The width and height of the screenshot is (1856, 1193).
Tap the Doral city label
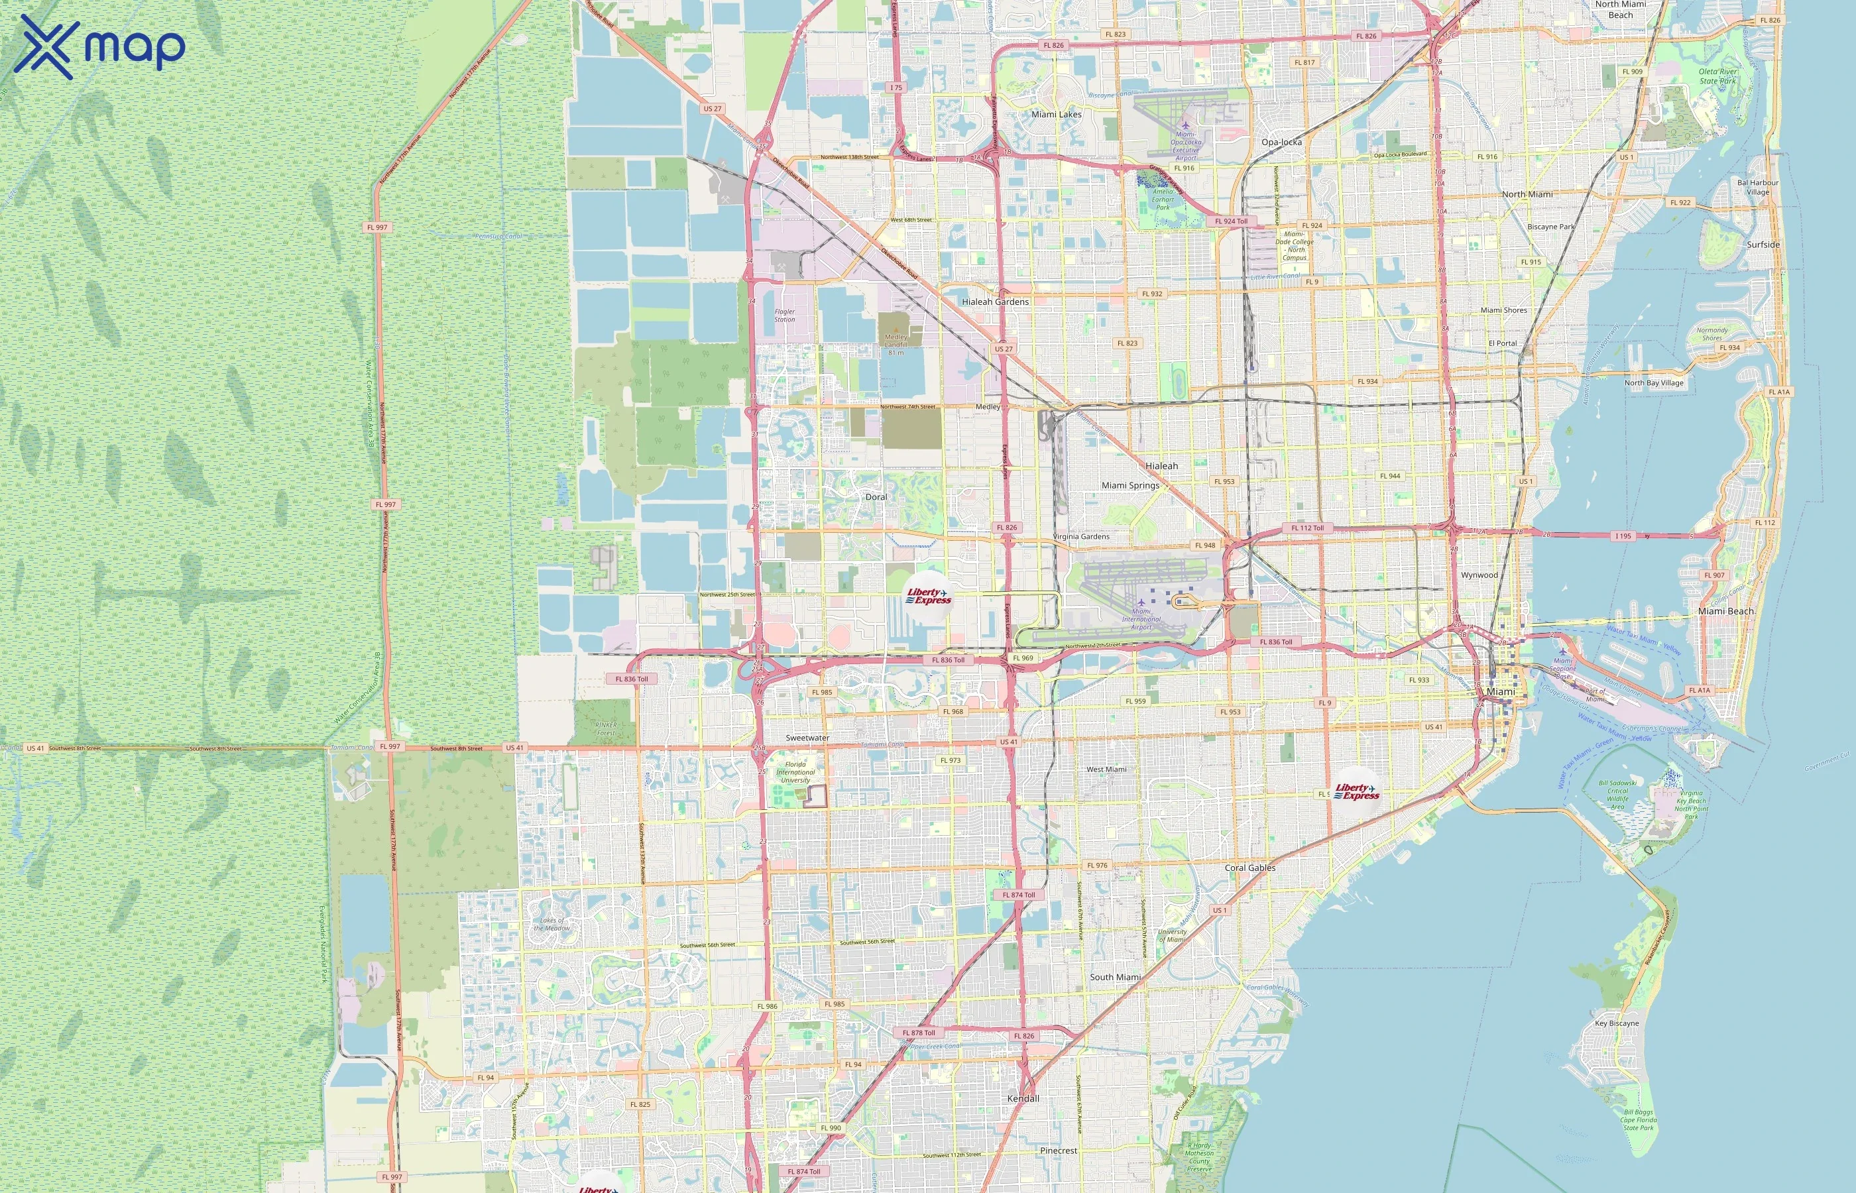pyautogui.click(x=876, y=497)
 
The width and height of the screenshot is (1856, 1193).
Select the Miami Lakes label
pyautogui.click(x=1056, y=115)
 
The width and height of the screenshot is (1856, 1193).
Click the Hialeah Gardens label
pyautogui.click(x=996, y=302)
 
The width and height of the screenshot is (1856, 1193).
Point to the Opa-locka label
pyautogui.click(x=1281, y=142)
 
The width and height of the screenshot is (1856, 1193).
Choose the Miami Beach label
pyautogui.click(x=1725, y=611)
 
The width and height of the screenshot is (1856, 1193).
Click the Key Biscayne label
pyautogui.click(x=1617, y=1023)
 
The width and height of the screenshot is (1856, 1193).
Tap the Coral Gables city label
pyautogui.click(x=1249, y=868)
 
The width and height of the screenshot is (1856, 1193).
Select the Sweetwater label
pyautogui.click(x=807, y=738)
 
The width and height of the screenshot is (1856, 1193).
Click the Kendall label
pyautogui.click(x=1023, y=1098)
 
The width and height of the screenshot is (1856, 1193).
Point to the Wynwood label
pyautogui.click(x=1479, y=575)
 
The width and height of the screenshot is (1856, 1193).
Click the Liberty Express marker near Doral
pyautogui.click(x=929, y=596)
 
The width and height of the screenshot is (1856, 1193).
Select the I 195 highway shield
pyautogui.click(x=1623, y=536)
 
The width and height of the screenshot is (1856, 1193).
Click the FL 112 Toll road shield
pyautogui.click(x=1308, y=528)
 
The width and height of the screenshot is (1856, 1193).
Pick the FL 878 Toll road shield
pyautogui.click(x=919, y=1033)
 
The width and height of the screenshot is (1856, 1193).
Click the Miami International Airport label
pyautogui.click(x=1141, y=619)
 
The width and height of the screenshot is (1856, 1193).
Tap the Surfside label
pyautogui.click(x=1763, y=245)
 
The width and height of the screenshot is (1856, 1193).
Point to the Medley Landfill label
pyautogui.click(x=896, y=341)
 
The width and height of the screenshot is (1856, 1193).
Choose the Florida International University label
pyautogui.click(x=795, y=772)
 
